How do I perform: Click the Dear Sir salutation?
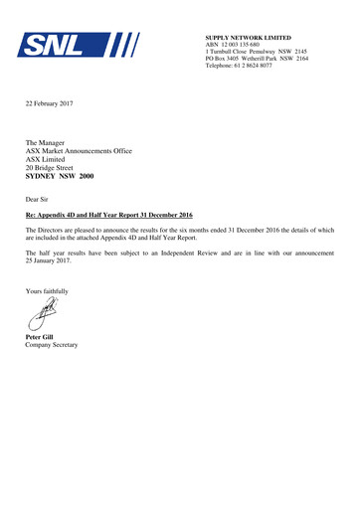(39, 199)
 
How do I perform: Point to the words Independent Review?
(209, 254)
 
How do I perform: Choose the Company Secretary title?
(52, 345)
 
